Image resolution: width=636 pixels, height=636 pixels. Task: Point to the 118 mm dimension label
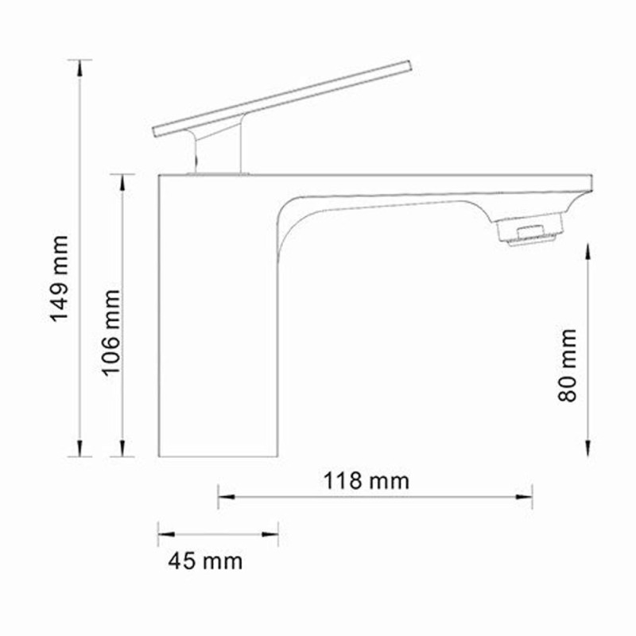coord(366,481)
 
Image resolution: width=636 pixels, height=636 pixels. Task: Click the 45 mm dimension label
coord(204,561)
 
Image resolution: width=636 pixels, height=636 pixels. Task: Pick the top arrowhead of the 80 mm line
coord(588,251)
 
